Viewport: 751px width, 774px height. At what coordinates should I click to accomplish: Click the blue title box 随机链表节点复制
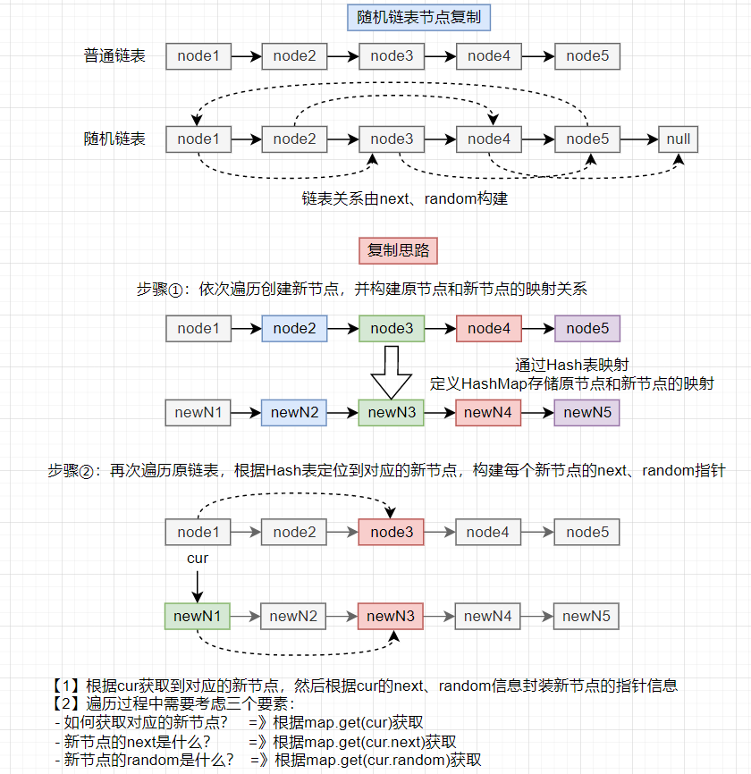click(418, 17)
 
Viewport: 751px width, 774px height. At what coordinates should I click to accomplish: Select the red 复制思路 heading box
click(398, 250)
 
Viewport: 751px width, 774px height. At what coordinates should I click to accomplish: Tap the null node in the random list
click(679, 139)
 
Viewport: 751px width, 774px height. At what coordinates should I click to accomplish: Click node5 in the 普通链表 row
click(587, 56)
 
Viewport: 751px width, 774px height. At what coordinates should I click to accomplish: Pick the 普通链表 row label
click(114, 56)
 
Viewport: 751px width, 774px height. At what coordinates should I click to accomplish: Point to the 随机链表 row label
click(114, 139)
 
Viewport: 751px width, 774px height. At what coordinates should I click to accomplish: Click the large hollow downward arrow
click(391, 370)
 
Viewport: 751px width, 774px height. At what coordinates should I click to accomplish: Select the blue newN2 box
click(295, 412)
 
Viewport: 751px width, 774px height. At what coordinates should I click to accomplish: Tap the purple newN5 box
click(586, 412)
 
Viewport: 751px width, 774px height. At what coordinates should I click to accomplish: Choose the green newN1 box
click(198, 616)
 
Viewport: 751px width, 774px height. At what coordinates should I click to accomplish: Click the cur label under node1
click(198, 559)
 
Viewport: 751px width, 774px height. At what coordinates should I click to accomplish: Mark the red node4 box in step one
click(489, 329)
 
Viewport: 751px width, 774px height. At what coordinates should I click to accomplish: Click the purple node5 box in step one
click(587, 329)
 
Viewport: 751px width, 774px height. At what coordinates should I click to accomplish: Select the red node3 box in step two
click(392, 533)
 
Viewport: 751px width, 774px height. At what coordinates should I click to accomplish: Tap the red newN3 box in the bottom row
click(392, 616)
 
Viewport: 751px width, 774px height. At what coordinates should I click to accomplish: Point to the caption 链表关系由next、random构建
click(405, 198)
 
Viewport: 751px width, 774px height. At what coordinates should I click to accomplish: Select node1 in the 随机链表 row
click(198, 139)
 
